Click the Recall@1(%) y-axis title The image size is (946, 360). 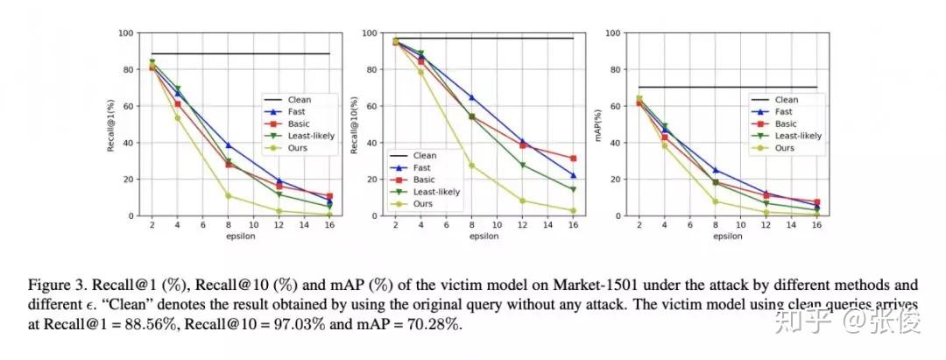pos(111,124)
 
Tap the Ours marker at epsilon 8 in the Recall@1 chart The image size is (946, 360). pos(228,195)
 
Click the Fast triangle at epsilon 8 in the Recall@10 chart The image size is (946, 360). pos(472,97)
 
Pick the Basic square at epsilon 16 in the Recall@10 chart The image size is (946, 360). pos(573,159)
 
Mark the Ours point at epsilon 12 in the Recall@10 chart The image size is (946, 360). pos(523,201)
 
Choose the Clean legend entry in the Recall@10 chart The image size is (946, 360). pos(424,155)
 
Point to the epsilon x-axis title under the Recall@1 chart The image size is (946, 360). pos(228,236)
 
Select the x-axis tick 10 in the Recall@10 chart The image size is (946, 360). pos(498,224)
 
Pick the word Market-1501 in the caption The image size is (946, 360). pos(545,285)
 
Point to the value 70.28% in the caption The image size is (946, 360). pos(432,325)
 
